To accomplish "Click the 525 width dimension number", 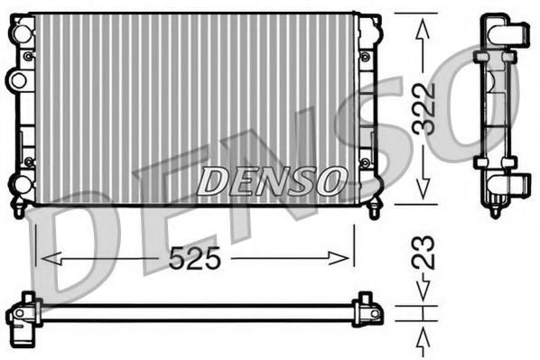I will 195,258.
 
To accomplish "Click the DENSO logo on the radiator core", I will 270,180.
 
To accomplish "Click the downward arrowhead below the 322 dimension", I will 418,192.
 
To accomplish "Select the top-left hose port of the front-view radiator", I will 17,34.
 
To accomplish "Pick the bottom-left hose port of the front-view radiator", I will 17,186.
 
